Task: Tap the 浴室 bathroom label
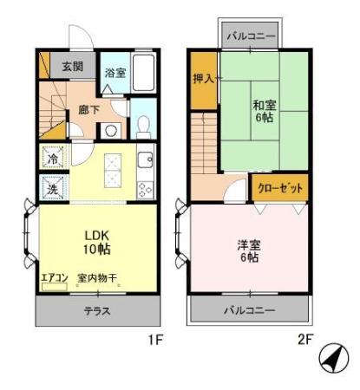[x=115, y=73]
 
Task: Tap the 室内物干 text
[x=97, y=277]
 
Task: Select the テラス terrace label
[x=96, y=311]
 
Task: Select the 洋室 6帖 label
[x=250, y=251]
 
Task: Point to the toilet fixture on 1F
[x=143, y=127]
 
